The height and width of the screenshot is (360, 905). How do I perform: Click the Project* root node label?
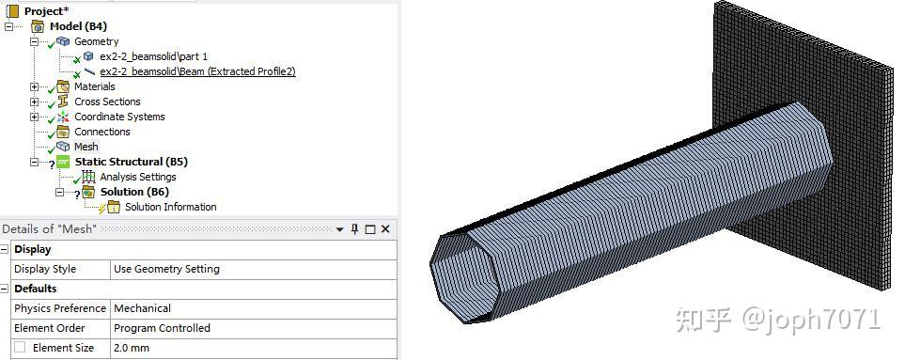pos(46,10)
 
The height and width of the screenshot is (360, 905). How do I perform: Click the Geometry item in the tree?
pos(96,41)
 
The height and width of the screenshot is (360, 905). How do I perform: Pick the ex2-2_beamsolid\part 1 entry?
pos(153,56)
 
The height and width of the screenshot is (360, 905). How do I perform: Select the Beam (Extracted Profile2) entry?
pos(197,71)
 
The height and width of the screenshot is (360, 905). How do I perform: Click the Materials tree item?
pos(94,86)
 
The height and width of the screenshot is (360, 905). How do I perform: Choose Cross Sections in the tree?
pos(107,102)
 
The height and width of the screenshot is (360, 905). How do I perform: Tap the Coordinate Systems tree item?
pos(119,117)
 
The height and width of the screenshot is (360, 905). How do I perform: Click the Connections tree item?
pos(101,132)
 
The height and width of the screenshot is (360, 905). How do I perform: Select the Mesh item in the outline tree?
pos(86,147)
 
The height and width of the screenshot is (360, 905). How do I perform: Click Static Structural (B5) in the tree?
pos(132,162)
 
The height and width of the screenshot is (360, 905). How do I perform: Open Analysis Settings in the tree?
pos(137,177)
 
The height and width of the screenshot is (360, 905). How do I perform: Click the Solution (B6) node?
pos(134,192)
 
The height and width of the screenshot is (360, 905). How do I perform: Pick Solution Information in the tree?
pos(170,207)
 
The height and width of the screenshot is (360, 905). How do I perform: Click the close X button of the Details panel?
pos(385,229)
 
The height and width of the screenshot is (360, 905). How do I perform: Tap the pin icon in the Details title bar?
pos(355,229)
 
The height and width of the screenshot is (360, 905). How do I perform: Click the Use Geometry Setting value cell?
pos(166,269)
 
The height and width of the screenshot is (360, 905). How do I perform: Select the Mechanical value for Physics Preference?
pos(142,308)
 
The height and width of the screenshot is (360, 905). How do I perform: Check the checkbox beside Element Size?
pos(20,348)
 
